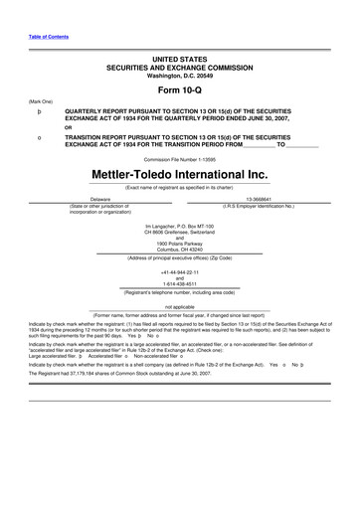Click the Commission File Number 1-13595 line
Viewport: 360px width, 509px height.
pos(179,158)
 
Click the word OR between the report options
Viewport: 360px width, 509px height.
pos(68,127)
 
